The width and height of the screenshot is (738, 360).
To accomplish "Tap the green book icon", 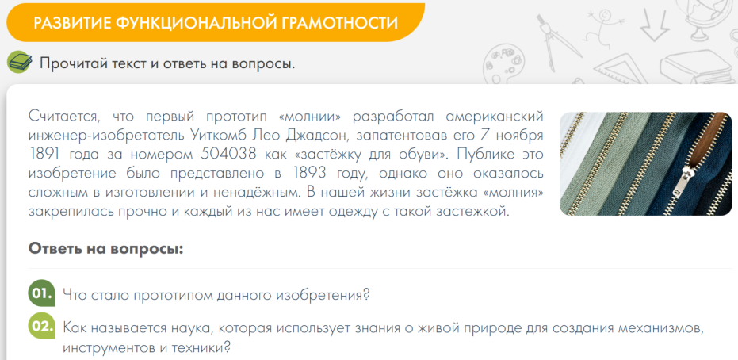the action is click(x=19, y=63).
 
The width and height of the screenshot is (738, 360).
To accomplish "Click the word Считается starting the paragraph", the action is click(x=60, y=117).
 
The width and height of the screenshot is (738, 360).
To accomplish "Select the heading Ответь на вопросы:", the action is click(x=105, y=248).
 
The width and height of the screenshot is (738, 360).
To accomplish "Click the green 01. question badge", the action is click(x=42, y=293).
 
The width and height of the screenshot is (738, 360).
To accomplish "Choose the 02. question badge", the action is click(x=42, y=327).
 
